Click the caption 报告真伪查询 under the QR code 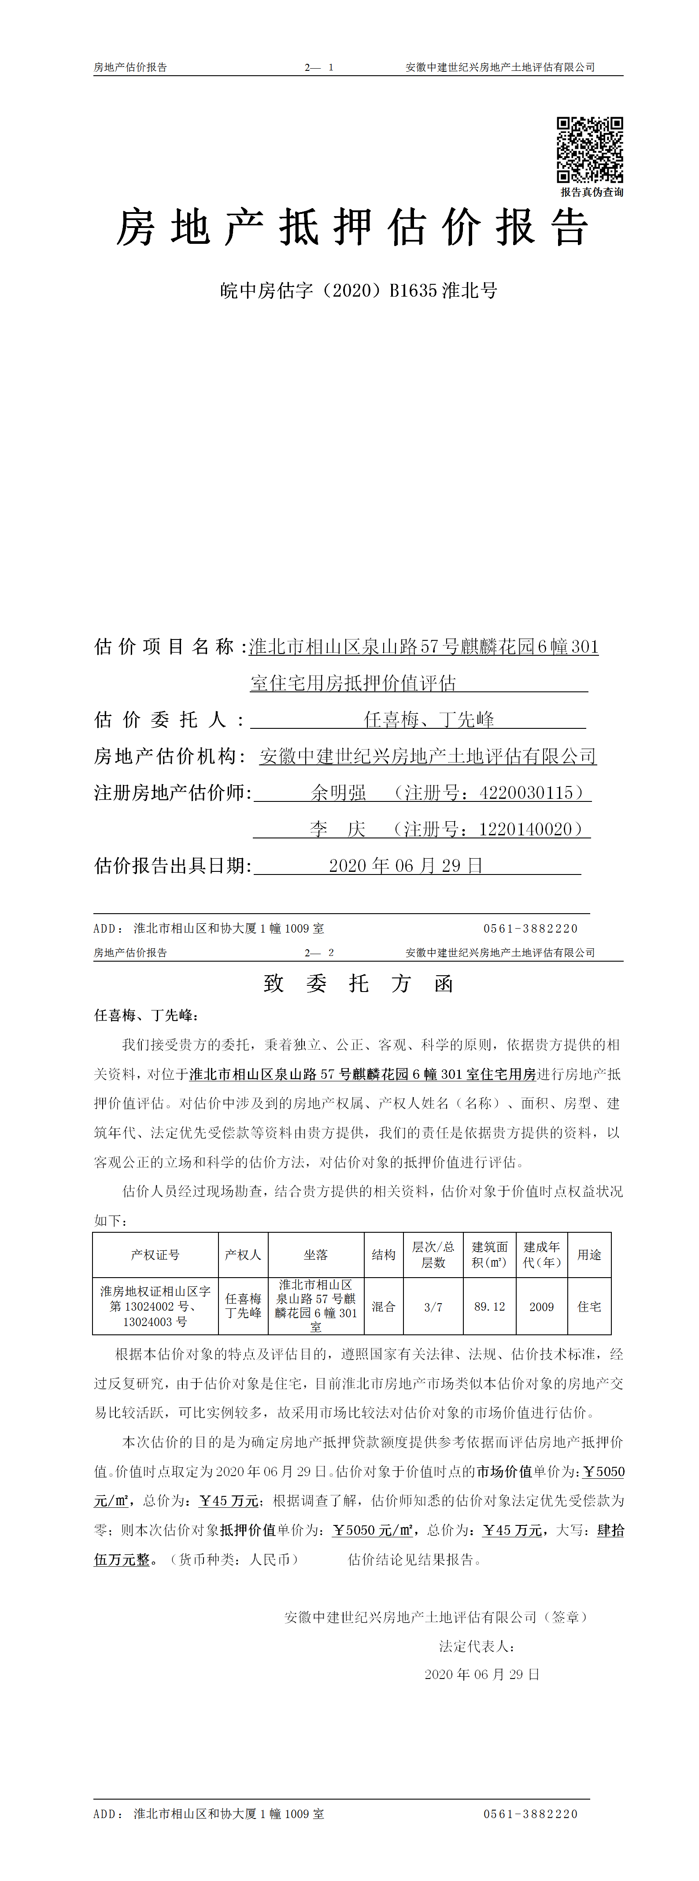pos(592,192)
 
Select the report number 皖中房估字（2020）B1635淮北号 pos(359,290)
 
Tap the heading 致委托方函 pos(359,984)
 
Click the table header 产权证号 pos(155,1254)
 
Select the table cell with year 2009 pos(541,1306)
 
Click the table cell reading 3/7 pos(433,1306)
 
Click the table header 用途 pos(589,1254)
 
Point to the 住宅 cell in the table pos(589,1306)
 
